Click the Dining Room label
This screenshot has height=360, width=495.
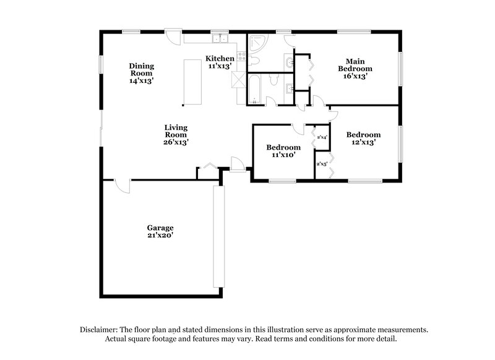coord(141,73)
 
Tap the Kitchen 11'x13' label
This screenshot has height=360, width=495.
coord(220,62)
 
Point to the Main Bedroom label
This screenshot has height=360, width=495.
coord(355,68)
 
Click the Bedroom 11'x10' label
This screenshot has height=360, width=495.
coord(283,151)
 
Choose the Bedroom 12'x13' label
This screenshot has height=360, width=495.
coord(363,138)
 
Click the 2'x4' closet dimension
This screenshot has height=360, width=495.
coord(322,137)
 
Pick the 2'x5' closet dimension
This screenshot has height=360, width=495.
coord(322,164)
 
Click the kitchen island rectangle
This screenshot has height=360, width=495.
coord(194,82)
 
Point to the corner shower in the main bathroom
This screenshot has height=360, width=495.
coord(258,45)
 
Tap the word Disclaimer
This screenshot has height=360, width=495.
coord(100,330)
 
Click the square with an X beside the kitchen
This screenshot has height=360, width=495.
coord(238,80)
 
